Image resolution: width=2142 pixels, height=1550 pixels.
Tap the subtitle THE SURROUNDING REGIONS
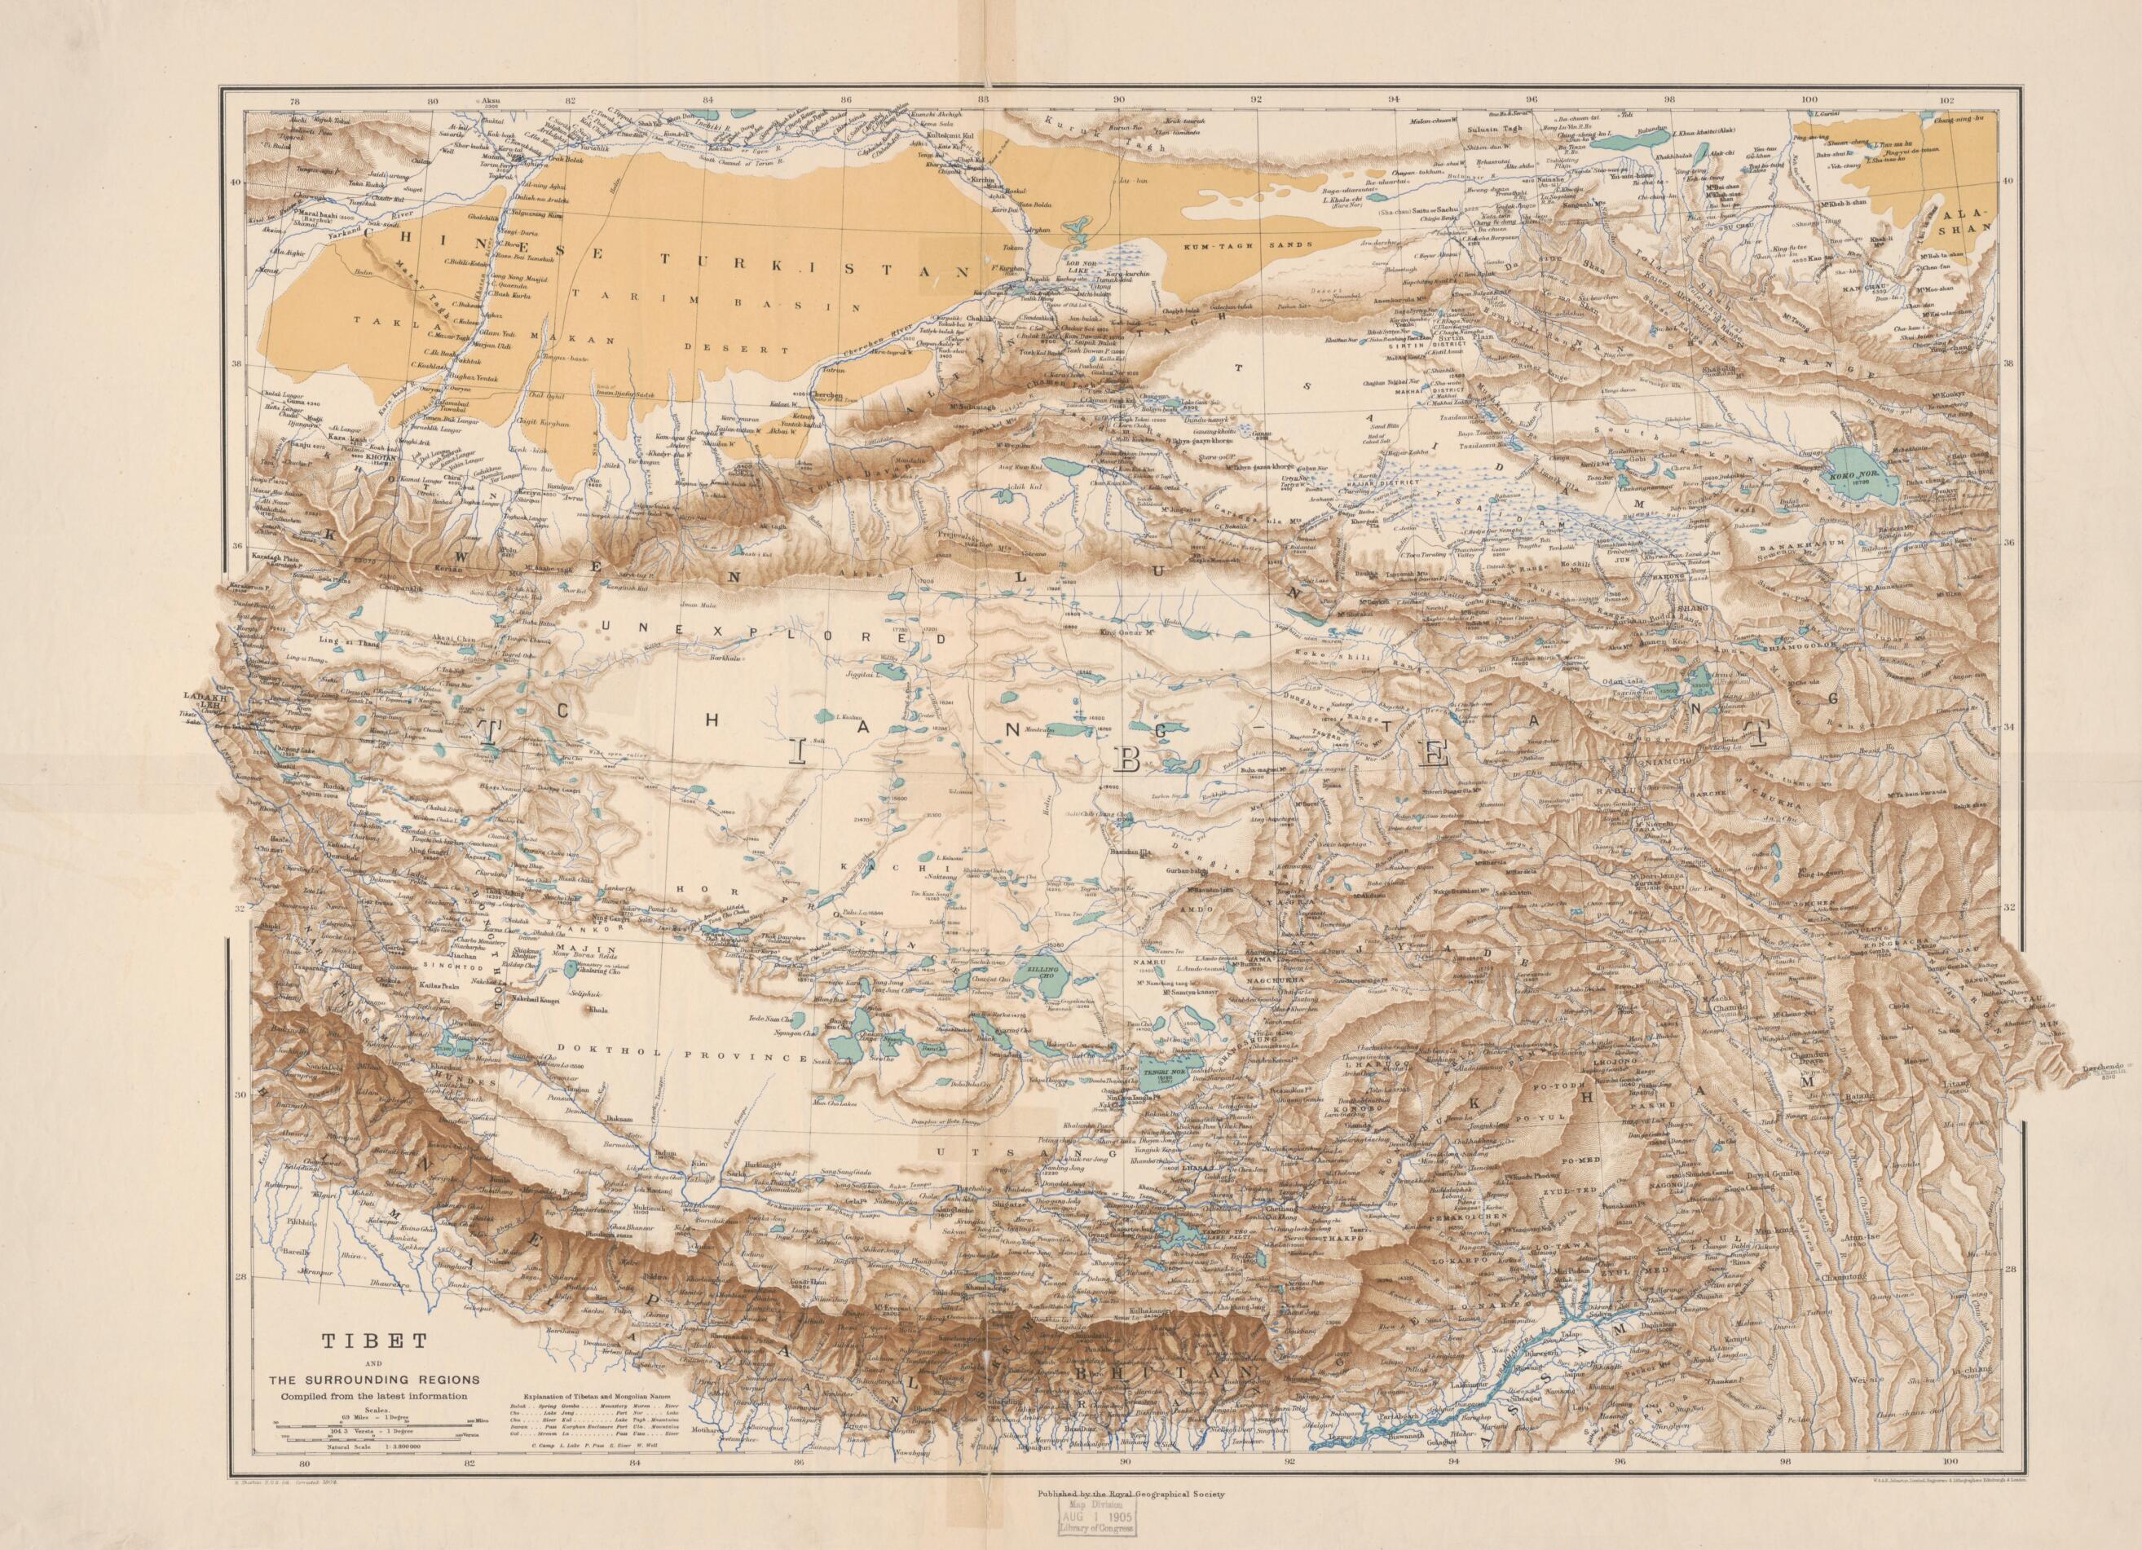[x=373, y=1379]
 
